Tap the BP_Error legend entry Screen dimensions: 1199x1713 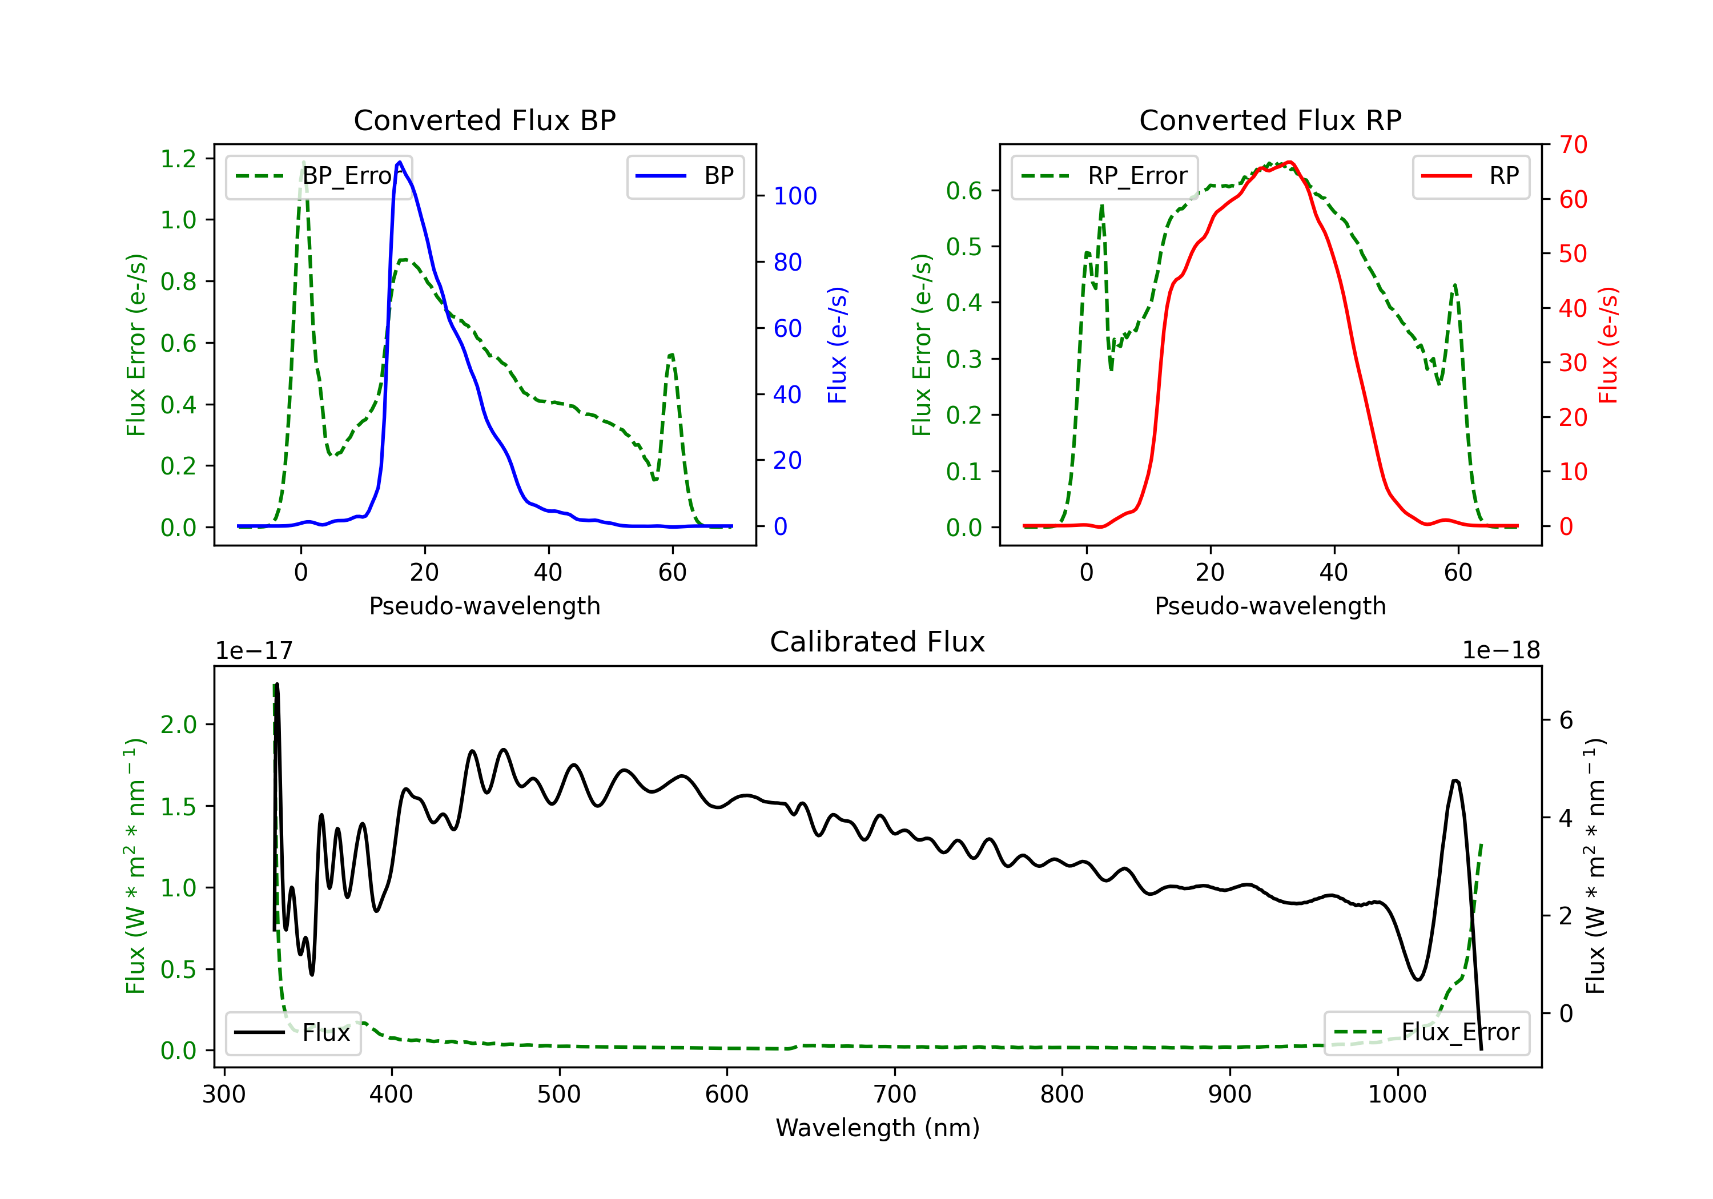(x=319, y=176)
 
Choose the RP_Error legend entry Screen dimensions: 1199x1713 (x=1104, y=176)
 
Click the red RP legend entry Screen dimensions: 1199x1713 (x=1470, y=176)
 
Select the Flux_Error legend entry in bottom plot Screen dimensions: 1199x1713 (x=1426, y=1033)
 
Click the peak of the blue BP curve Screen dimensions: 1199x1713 (x=400, y=162)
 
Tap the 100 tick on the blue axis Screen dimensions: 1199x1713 (x=795, y=196)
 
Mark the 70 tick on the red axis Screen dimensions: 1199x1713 (x=1573, y=145)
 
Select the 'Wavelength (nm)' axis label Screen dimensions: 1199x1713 (x=878, y=1128)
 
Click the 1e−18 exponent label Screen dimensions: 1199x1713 (x=1501, y=651)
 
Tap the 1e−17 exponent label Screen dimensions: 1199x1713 (x=255, y=651)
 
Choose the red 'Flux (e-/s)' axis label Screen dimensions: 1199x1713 (x=1607, y=345)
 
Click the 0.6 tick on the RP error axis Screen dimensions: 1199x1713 (x=964, y=191)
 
